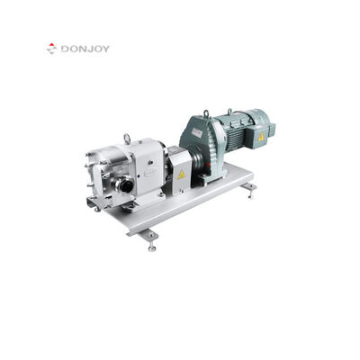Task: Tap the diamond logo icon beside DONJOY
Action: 52,49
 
